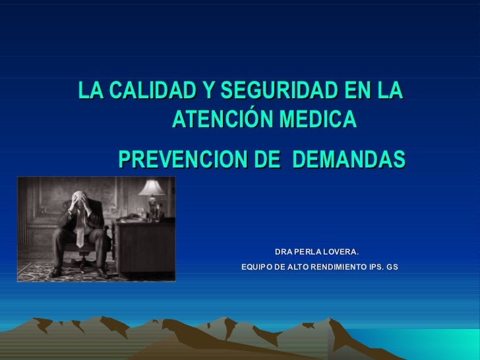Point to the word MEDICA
point(317,119)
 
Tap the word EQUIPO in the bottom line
point(255,267)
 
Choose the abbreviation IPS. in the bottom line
point(375,267)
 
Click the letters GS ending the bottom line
point(392,267)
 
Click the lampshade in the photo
point(152,187)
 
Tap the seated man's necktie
point(80,228)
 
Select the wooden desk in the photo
point(142,241)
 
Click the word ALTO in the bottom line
point(295,267)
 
